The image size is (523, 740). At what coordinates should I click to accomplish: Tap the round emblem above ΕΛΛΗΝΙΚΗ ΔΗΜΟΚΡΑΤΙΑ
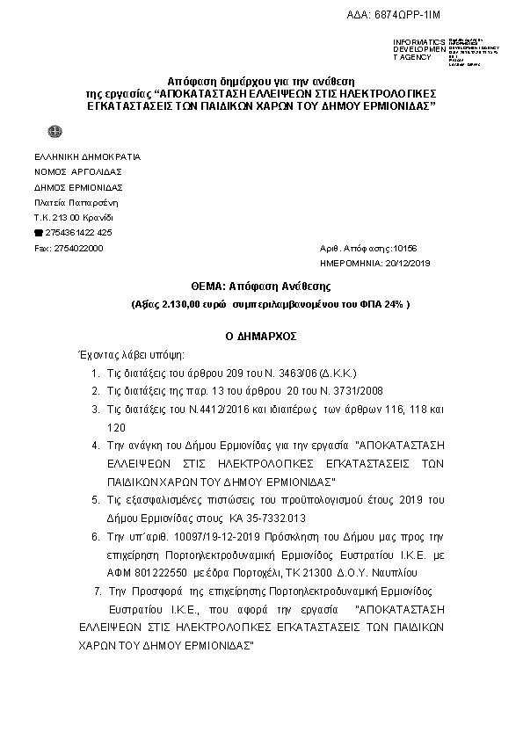(x=54, y=132)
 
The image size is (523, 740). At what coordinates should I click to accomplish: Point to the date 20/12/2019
(x=408, y=263)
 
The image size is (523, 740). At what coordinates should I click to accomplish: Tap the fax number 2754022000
(x=78, y=249)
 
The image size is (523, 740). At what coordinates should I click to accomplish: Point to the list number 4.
(x=96, y=446)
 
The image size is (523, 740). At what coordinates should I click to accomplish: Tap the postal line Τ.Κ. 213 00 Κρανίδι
(x=73, y=217)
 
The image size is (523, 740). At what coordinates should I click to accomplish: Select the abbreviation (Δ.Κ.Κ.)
(x=332, y=373)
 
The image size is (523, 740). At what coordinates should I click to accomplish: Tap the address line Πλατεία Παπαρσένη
(x=71, y=202)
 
